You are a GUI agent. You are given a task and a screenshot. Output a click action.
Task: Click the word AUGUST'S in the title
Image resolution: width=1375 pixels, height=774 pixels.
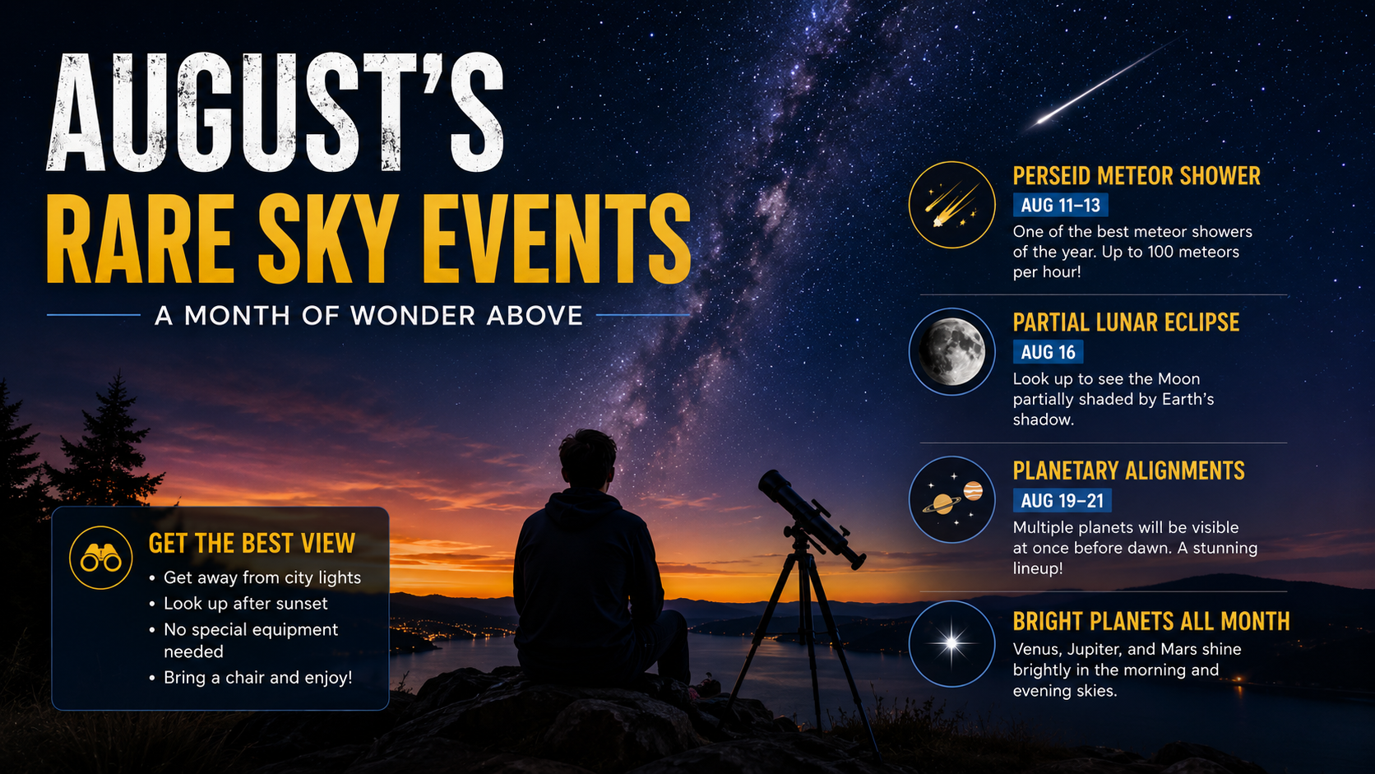tap(275, 113)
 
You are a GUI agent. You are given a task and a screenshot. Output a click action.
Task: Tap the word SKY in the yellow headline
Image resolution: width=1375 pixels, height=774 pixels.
tap(326, 239)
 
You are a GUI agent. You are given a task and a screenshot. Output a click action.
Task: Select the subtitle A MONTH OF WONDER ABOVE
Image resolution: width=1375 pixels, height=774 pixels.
tap(368, 316)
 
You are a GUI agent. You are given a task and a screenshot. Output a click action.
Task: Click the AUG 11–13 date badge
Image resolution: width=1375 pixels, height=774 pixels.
tap(1060, 205)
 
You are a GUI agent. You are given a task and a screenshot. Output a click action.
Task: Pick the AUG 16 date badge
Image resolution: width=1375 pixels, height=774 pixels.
tap(1048, 352)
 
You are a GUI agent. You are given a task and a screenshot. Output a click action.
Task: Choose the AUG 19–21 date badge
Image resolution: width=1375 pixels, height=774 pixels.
tap(1062, 501)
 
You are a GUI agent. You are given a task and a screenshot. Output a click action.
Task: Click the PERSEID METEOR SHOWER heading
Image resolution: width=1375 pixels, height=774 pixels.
tap(1137, 176)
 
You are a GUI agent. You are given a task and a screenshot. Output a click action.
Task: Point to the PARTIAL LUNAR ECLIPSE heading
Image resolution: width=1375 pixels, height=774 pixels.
tap(1126, 322)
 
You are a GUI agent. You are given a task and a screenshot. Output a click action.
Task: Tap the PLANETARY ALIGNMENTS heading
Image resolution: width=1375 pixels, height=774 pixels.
tap(1128, 470)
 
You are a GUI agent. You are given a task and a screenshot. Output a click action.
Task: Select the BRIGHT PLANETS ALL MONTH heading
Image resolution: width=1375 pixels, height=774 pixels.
tap(1151, 621)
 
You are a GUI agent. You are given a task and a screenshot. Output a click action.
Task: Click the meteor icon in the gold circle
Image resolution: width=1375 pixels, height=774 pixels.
tap(952, 205)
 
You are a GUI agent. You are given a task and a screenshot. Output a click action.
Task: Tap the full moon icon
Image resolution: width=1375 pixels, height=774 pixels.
tap(952, 352)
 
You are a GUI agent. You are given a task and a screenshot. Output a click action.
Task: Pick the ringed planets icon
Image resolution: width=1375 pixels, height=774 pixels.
tap(952, 499)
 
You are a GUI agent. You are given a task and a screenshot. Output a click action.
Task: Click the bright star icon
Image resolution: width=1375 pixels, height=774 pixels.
tap(952, 644)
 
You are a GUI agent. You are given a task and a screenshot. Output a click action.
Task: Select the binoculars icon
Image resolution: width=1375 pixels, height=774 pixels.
tap(100, 558)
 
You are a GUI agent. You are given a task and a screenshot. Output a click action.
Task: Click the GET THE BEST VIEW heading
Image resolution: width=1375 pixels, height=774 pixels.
tap(252, 544)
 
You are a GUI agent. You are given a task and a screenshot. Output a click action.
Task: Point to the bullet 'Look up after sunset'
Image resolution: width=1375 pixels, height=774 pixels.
tap(246, 604)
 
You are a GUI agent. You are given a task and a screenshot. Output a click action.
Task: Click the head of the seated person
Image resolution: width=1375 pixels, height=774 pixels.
tap(587, 457)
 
